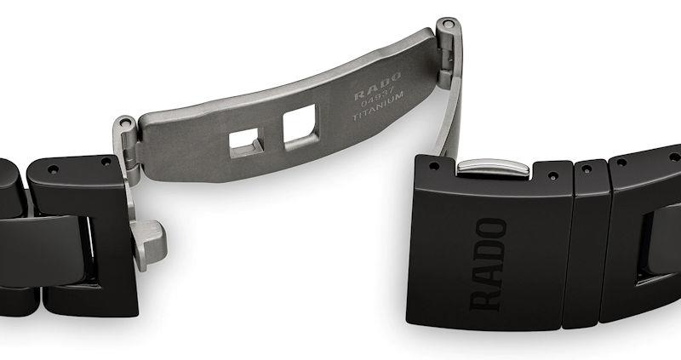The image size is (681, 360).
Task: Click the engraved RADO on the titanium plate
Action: click(x=377, y=87)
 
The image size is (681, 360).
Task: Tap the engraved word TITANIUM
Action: click(x=378, y=106)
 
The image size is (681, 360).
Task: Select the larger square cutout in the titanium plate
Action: click(x=300, y=126)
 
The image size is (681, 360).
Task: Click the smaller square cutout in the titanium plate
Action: click(x=246, y=142)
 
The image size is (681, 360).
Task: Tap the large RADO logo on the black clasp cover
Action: click(x=488, y=265)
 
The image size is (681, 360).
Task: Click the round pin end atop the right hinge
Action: click(x=448, y=24)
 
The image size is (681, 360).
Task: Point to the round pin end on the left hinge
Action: click(x=125, y=123)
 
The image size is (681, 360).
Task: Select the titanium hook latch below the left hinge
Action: click(x=148, y=244)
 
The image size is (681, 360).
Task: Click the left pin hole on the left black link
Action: click(x=53, y=169)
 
